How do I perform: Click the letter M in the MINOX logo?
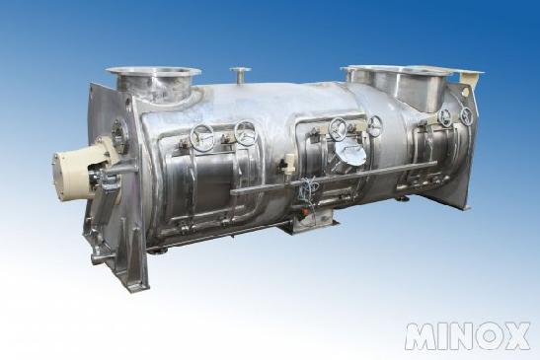[422, 336]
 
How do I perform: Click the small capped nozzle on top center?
[240, 74]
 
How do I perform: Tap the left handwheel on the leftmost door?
[202, 136]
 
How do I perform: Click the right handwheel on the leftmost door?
[245, 132]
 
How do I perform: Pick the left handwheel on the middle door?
[338, 129]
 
